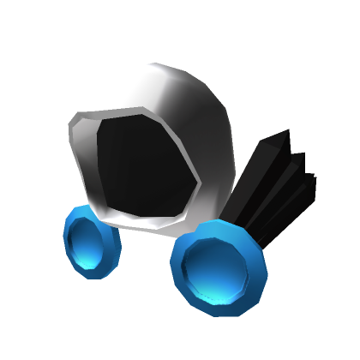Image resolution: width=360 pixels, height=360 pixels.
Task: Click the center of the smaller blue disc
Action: point(91,243)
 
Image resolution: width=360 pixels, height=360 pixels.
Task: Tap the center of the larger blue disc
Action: point(219,267)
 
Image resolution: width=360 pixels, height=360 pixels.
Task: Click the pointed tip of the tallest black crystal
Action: point(286,131)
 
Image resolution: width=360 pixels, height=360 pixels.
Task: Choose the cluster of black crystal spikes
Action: point(274,184)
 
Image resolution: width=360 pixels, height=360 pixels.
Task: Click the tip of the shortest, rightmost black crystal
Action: point(314,179)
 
